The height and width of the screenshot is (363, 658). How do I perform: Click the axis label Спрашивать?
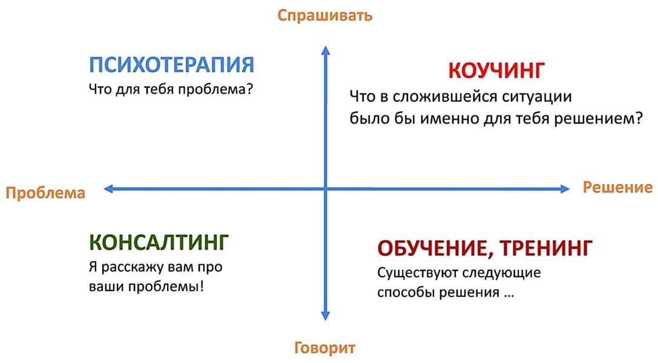325,16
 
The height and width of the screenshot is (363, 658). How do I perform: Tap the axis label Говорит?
325,347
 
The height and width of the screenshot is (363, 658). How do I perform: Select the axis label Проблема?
45,193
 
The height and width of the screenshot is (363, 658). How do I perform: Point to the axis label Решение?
617,188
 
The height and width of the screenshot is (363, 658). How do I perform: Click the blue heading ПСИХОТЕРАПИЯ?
172,65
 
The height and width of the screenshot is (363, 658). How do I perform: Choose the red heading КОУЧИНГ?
496,70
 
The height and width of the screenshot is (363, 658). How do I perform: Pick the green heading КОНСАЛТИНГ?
159,242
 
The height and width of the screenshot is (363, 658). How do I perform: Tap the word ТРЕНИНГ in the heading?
547,247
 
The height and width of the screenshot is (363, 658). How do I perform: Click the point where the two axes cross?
325,189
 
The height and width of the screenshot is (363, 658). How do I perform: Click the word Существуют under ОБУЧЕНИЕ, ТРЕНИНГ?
418,273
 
